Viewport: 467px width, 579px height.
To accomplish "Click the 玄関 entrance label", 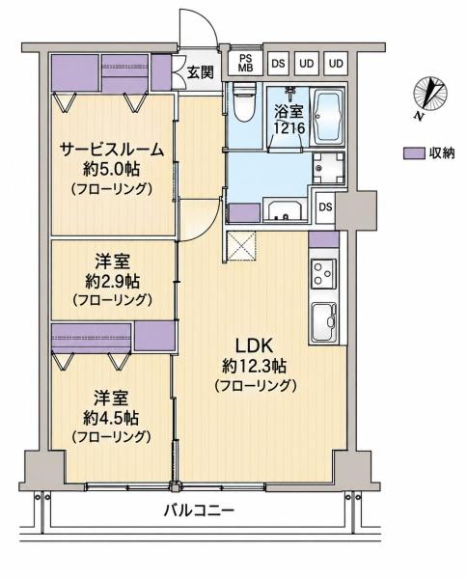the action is (200, 72).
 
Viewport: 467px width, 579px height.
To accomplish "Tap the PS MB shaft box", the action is (244, 63).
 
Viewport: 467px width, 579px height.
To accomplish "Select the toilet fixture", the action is (245, 102).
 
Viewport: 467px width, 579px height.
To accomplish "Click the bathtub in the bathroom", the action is (327, 118).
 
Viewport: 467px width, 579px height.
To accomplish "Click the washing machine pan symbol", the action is (328, 168).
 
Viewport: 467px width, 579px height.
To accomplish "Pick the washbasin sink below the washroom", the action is (285, 210).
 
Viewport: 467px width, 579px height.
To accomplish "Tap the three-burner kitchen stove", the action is (324, 274).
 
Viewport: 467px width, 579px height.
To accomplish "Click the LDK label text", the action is (255, 346).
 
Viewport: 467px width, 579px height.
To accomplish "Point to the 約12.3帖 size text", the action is (255, 366).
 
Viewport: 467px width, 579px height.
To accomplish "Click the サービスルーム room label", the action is (111, 150).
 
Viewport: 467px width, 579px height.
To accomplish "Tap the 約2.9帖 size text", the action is (112, 282).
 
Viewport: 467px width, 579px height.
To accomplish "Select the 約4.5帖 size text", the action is (111, 419).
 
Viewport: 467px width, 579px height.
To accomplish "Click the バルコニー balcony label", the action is (199, 511).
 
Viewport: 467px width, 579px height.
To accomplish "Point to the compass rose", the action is (430, 93).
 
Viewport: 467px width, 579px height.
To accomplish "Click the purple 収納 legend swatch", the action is (414, 153).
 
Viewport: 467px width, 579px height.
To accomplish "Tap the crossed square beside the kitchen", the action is (241, 245).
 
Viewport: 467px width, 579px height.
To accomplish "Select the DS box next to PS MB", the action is (278, 64).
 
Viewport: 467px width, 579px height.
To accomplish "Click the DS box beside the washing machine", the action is (325, 207).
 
